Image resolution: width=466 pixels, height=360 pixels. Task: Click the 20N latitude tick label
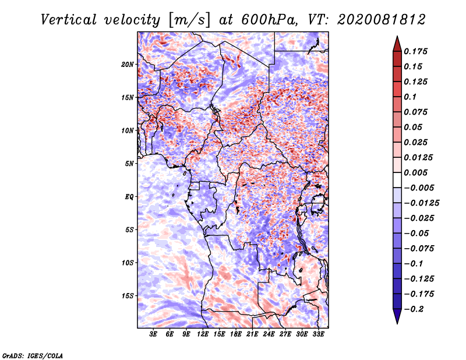click(128, 65)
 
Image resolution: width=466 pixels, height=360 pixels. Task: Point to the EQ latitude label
click(129, 197)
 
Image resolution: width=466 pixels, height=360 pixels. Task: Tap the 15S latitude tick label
click(128, 296)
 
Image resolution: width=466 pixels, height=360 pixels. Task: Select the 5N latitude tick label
click(129, 164)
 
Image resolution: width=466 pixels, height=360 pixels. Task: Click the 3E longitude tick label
click(153, 334)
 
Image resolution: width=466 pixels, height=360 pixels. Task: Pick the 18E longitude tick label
click(236, 334)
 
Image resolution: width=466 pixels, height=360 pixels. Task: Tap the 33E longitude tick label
click(318, 334)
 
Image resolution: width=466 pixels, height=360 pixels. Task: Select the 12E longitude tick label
click(203, 334)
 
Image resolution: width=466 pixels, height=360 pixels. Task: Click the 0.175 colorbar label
click(415, 51)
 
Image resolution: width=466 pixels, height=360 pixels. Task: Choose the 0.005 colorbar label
click(415, 172)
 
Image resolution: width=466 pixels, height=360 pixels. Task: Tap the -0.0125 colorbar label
click(421, 203)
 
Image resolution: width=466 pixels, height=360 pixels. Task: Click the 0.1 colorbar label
click(410, 97)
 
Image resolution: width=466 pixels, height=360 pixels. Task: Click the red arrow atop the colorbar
click(397, 44)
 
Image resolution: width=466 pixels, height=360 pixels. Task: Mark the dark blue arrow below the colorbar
click(397, 316)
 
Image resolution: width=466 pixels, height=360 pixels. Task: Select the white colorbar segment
click(397, 180)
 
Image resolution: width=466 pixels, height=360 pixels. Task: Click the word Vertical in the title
click(68, 20)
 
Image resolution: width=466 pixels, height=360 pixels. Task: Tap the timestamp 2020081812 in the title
click(382, 20)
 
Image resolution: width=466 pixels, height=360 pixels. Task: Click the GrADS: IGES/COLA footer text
click(33, 356)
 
